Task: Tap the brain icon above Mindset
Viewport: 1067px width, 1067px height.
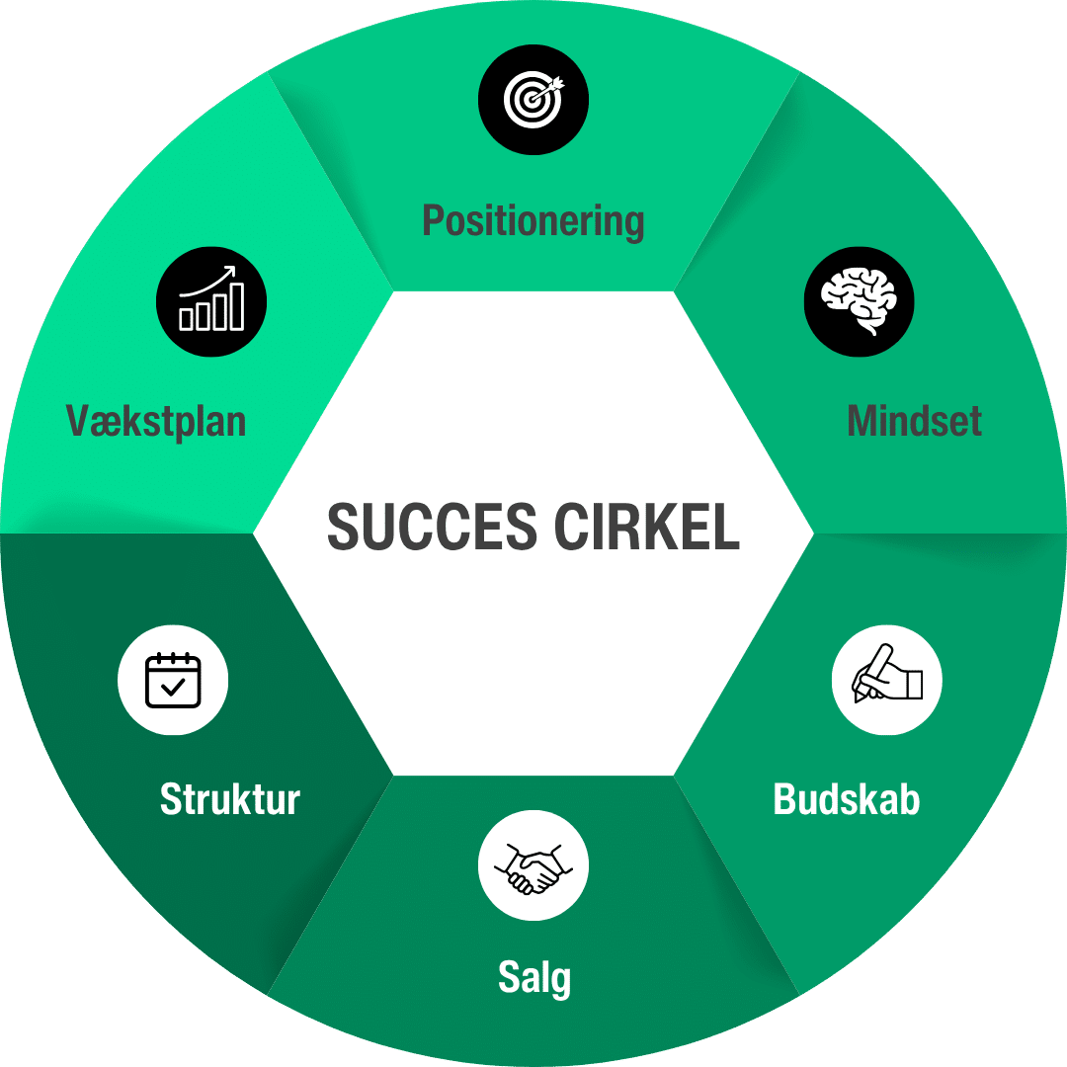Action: pyautogui.click(x=859, y=301)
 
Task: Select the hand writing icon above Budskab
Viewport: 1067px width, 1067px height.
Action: pyautogui.click(x=886, y=680)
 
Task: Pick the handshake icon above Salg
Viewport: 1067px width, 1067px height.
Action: pyautogui.click(x=533, y=865)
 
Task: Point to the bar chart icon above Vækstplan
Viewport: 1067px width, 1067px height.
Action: pyautogui.click(x=211, y=300)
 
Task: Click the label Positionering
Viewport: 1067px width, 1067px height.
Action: pyautogui.click(x=533, y=220)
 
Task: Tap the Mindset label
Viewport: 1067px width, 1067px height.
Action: pyautogui.click(x=914, y=422)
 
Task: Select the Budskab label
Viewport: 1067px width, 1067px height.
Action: pyautogui.click(x=847, y=798)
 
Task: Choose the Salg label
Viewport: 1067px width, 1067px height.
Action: pyautogui.click(x=533, y=978)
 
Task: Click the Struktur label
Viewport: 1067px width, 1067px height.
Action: pyautogui.click(x=230, y=798)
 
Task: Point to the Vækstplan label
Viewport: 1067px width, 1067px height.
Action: pyautogui.click(x=156, y=422)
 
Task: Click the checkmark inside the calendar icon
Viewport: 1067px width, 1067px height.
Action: pyautogui.click(x=173, y=688)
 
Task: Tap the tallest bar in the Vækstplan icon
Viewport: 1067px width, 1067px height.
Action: pyautogui.click(x=235, y=306)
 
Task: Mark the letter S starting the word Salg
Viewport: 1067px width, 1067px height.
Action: pyautogui.click(x=508, y=978)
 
